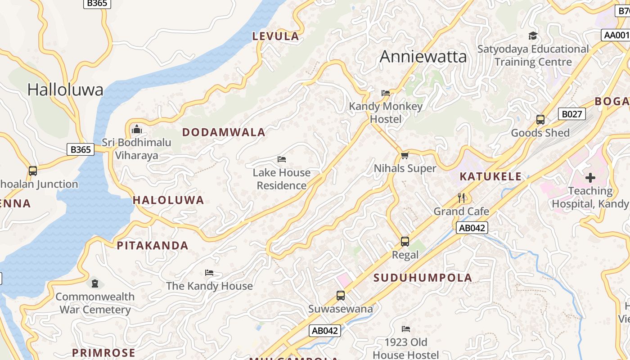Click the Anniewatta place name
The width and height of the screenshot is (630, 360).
[x=423, y=57]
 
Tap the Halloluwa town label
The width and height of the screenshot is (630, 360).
[x=65, y=90]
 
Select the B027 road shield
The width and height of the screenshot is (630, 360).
[x=571, y=114]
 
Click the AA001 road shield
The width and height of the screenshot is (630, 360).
[x=616, y=35]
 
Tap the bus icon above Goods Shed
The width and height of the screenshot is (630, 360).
[x=540, y=120]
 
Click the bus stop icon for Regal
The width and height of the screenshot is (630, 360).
[x=405, y=242]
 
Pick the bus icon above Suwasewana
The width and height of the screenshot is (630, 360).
[x=341, y=296]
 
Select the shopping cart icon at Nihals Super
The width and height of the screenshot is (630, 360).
[x=405, y=156]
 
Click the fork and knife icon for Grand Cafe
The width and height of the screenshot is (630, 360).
[x=461, y=198]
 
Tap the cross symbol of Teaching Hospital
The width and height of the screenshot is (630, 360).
[x=590, y=178]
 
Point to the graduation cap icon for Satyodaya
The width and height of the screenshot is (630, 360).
[x=533, y=36]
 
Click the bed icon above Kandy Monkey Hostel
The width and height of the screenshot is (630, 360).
[x=386, y=93]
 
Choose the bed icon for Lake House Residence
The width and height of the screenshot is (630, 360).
[x=282, y=159]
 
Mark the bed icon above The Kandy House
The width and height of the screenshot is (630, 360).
[x=209, y=273]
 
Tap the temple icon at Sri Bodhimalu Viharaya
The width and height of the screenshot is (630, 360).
[x=136, y=130]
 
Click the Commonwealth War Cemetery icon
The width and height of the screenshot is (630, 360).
[x=95, y=283]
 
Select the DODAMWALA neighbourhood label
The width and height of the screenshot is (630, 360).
[x=224, y=132]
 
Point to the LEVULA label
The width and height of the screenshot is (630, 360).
[x=275, y=36]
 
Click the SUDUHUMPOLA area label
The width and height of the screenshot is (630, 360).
[x=423, y=278]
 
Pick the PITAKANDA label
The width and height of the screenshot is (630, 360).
[x=153, y=246]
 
